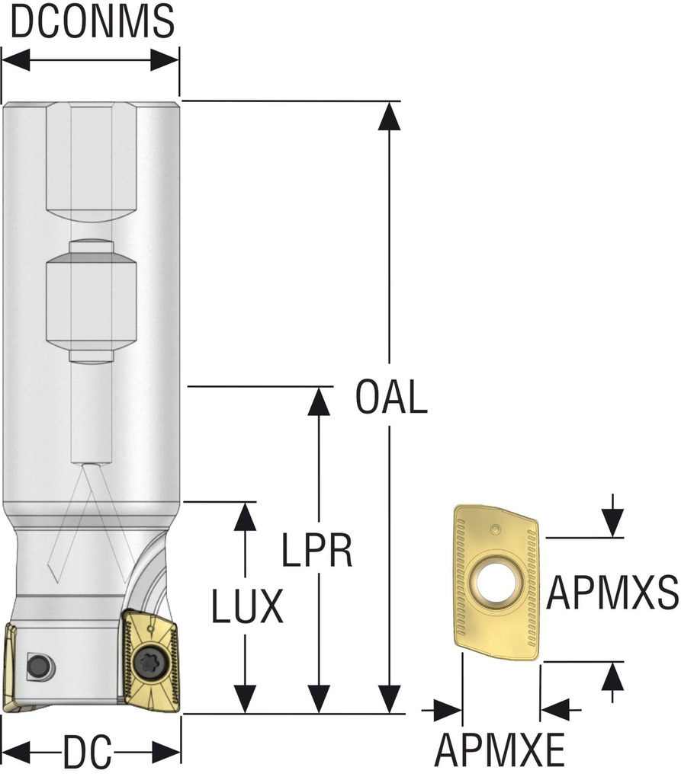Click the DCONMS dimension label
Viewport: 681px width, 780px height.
[92, 23]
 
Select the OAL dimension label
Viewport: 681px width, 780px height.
[390, 398]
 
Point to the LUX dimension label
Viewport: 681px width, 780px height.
[246, 607]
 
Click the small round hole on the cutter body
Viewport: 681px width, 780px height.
[36, 666]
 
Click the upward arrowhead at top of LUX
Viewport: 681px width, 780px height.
[245, 516]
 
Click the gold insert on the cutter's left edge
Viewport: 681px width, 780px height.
[11, 667]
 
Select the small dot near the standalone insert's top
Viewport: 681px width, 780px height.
[496, 528]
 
